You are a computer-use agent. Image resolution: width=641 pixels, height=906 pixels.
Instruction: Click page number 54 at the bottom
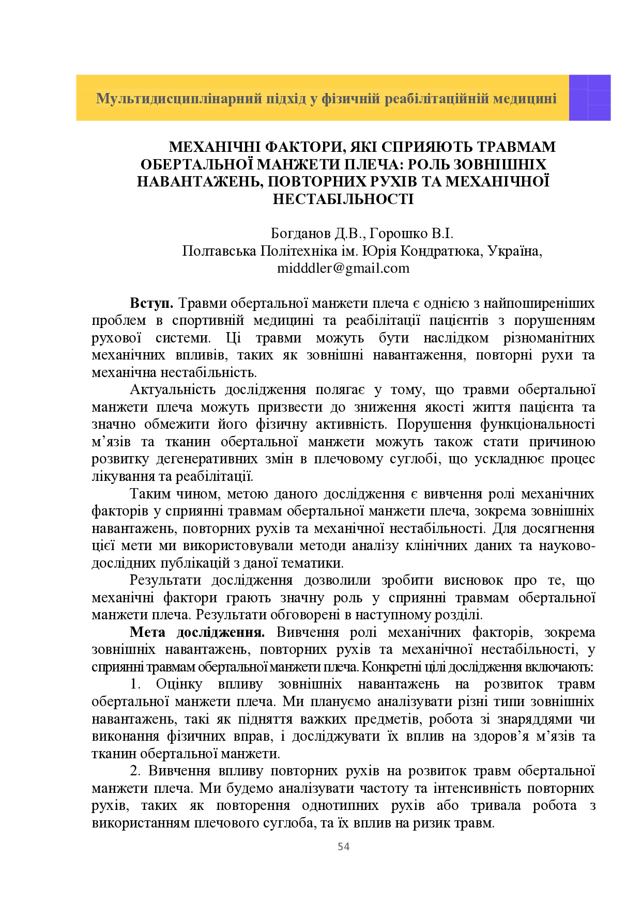(343, 846)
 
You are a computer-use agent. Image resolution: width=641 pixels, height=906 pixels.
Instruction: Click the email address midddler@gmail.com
(343, 269)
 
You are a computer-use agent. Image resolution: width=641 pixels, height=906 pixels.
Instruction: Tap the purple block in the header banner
(589, 98)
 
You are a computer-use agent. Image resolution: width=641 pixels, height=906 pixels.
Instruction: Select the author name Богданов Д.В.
(318, 234)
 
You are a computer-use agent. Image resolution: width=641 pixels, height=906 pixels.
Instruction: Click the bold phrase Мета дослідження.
(197, 632)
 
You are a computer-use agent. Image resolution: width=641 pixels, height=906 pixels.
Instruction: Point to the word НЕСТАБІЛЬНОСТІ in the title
(343, 199)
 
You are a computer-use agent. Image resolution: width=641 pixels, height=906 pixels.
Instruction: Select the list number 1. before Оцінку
(135, 684)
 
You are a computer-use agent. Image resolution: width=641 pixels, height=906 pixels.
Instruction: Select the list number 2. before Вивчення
(135, 771)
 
